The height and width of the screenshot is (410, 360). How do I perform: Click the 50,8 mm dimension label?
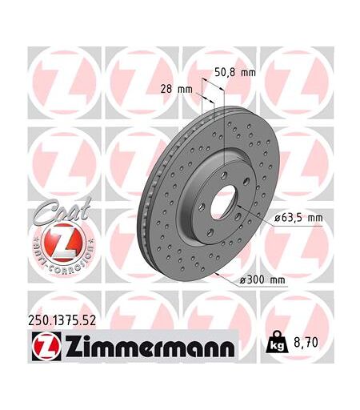tap(235, 72)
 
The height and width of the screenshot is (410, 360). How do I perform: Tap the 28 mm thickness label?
tap(176, 89)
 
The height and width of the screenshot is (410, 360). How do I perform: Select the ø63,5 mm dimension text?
tap(298, 218)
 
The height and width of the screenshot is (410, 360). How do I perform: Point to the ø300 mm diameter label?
tap(262, 280)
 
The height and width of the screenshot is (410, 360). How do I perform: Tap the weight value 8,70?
tap(306, 343)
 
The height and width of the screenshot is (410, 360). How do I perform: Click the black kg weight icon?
tap(278, 342)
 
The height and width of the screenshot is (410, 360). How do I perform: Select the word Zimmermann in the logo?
tap(150, 346)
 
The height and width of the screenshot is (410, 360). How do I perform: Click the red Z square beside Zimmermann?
tap(46, 346)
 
